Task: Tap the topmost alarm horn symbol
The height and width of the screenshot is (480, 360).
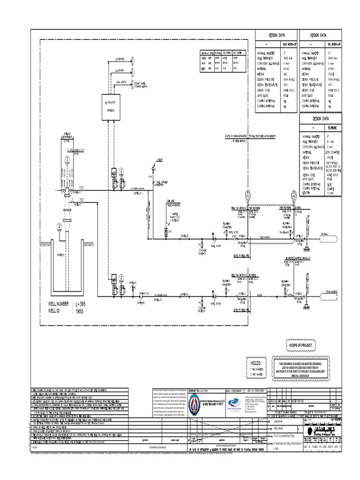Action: [x=133, y=60]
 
